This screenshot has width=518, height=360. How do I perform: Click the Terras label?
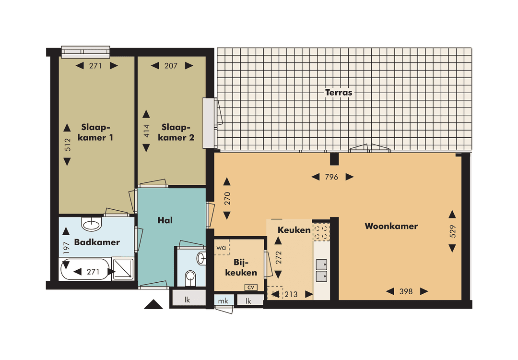tap(339, 93)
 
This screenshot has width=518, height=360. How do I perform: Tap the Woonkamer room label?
tap(391, 226)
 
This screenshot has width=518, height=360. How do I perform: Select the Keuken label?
tap(294, 230)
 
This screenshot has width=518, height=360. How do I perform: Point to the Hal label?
tap(165, 220)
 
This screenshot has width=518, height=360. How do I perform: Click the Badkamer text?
tap(97, 242)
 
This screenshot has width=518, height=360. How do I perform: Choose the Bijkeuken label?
tap(245, 268)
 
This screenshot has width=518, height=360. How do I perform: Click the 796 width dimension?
tap(332, 177)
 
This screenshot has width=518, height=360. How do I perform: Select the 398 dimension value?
tap(406, 291)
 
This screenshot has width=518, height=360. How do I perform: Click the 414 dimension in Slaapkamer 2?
tap(147, 132)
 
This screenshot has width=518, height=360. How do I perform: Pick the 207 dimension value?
tap(171, 66)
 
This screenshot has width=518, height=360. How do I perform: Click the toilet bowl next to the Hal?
tap(190, 277)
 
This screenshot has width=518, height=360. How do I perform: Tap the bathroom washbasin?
tap(92, 224)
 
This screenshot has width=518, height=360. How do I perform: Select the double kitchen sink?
tap(322, 270)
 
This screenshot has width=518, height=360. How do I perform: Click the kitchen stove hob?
tap(322, 232)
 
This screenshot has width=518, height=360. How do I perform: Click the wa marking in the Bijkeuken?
tap(221, 248)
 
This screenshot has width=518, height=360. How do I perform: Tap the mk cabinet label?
tap(224, 301)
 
